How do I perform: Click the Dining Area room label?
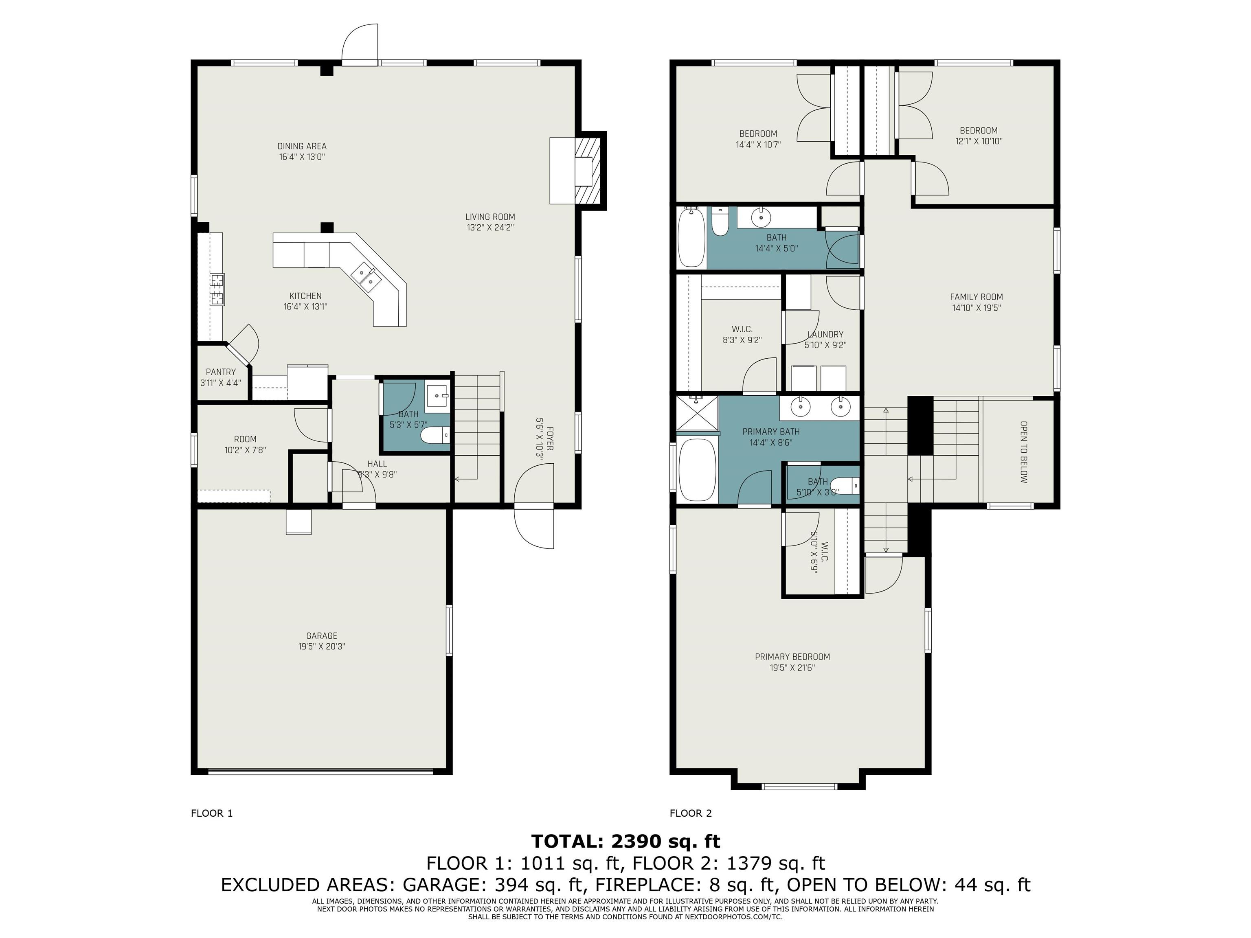coord(302,146)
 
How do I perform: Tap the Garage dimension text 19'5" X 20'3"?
coord(322,646)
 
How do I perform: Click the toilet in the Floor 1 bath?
coord(435,435)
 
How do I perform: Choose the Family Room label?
coord(976,297)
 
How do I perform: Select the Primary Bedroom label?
coord(792,656)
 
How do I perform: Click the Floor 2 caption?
coord(691,813)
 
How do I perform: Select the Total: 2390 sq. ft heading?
coord(625,842)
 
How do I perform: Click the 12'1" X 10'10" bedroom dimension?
coord(979,141)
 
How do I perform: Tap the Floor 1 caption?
coord(211,813)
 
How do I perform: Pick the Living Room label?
coord(490,217)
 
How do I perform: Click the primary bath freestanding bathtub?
coord(697,470)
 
